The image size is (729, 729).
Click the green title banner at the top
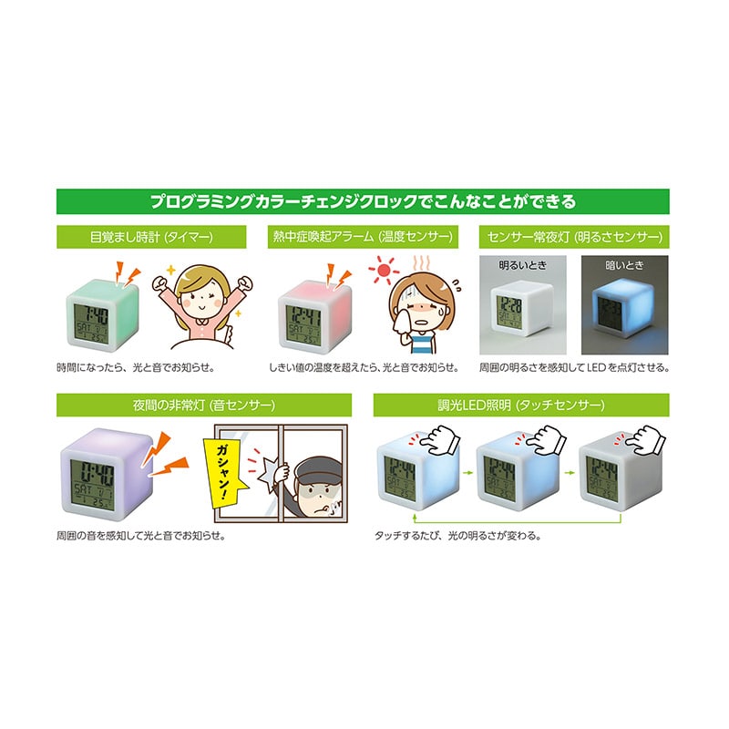tap(363, 201)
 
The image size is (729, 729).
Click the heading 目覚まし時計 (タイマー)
tap(151, 237)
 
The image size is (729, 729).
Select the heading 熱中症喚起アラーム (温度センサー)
tap(363, 237)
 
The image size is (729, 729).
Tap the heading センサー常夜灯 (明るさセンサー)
tap(574, 237)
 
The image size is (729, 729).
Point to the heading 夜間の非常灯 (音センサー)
tap(204, 405)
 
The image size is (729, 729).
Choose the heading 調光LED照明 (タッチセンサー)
tap(521, 405)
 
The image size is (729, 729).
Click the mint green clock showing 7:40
tap(102, 314)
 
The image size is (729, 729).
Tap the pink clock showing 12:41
tap(314, 316)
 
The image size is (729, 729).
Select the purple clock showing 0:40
tap(107, 473)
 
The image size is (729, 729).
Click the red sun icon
tap(384, 270)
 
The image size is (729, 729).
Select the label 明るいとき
tap(522, 265)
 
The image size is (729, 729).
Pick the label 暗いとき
tap(624, 265)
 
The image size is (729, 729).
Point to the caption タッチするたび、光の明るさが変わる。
tap(458, 536)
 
